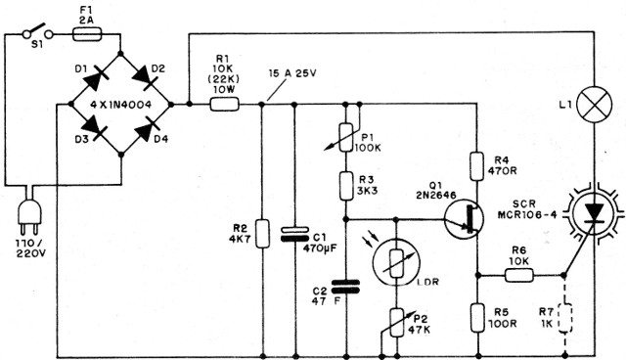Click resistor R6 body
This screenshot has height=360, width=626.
(x=517, y=274)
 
